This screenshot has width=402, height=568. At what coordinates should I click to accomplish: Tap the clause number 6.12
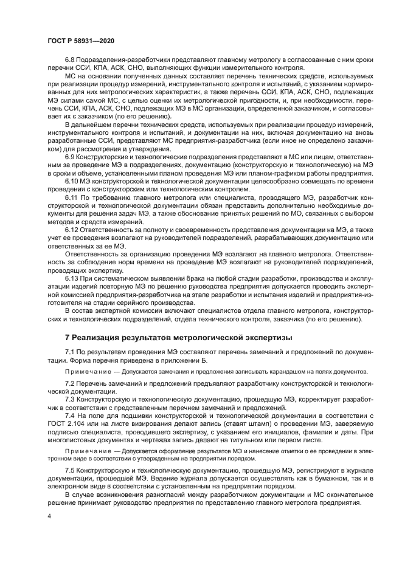click(72, 230)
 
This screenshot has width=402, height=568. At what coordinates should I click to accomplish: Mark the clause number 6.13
click(72, 278)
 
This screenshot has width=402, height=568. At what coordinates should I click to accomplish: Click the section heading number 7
click(67, 336)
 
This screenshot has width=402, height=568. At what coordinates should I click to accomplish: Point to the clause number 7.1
click(70, 352)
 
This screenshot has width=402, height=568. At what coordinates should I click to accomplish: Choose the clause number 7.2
click(70, 386)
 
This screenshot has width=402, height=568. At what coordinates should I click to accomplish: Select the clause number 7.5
click(70, 471)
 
